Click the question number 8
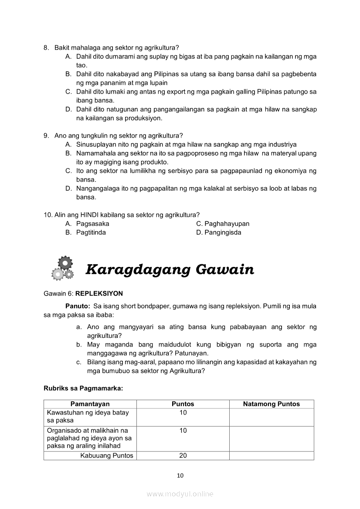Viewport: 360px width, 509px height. tap(46, 47)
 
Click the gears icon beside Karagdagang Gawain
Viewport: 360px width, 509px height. tap(61, 268)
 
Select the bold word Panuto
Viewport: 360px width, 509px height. tap(78, 306)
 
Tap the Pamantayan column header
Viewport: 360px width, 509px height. tap(90, 404)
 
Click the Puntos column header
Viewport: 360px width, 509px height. tap(183, 404)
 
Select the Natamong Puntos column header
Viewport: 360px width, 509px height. tap(272, 404)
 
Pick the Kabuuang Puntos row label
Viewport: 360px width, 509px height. tap(107, 456)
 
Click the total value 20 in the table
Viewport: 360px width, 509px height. tap(183, 456)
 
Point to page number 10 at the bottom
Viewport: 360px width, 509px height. tap(180, 475)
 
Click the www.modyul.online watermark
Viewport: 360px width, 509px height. tap(180, 494)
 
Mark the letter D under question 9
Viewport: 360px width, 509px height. tap(68, 189)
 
